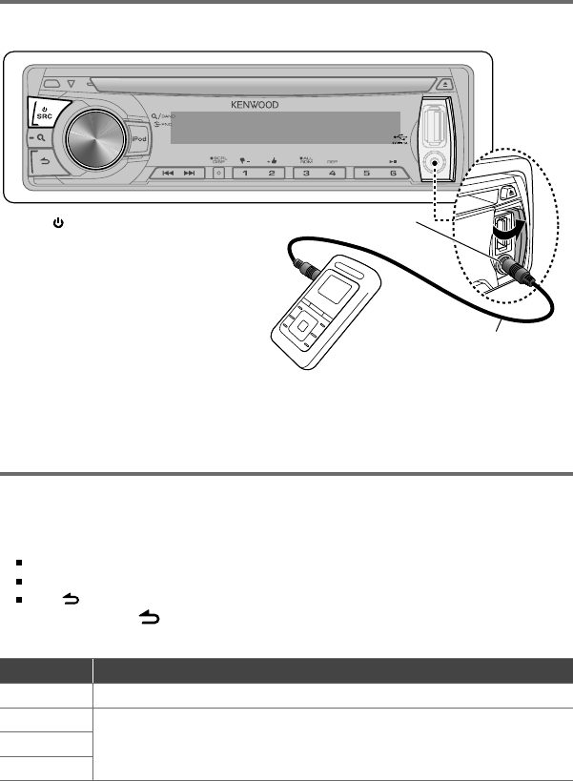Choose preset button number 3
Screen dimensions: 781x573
pyautogui.click(x=307, y=174)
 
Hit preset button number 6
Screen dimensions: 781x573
pyautogui.click(x=393, y=174)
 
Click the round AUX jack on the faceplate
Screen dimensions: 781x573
pyautogui.click(x=438, y=163)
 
